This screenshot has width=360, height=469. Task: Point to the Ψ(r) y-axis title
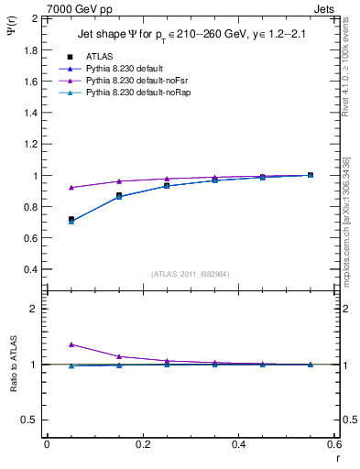click(x=11, y=31)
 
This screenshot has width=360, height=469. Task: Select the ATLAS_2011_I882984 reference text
click(x=190, y=274)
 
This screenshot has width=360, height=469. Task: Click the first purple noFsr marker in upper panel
click(x=71, y=188)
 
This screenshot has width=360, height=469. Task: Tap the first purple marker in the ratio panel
click(x=71, y=344)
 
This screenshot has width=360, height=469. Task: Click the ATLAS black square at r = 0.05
click(x=71, y=220)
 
